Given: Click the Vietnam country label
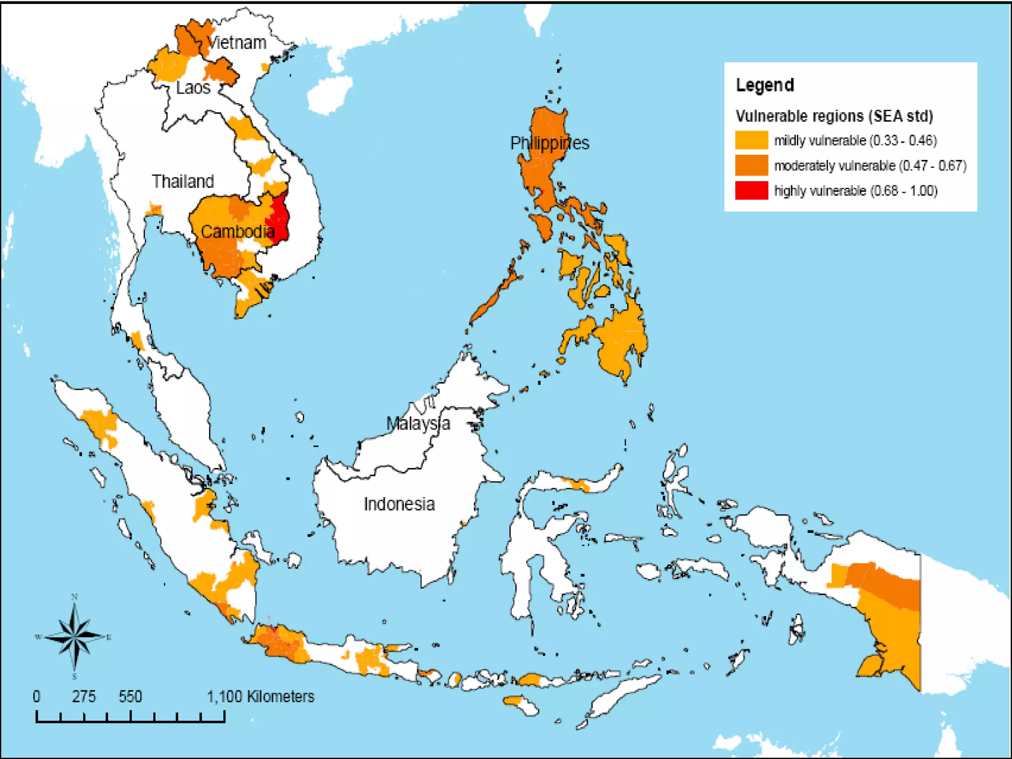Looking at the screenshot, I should [x=237, y=43].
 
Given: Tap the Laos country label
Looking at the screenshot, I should [x=193, y=88].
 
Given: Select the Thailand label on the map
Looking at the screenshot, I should [x=183, y=181].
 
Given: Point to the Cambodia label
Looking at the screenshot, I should [x=238, y=231].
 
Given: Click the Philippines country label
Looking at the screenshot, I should [x=549, y=143].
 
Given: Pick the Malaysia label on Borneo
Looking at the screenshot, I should [x=418, y=423].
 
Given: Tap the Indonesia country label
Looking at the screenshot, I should [x=399, y=504].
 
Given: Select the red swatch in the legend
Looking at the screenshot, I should [x=751, y=191].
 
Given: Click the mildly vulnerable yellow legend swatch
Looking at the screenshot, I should [x=751, y=140].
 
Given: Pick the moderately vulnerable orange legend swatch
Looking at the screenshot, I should [x=751, y=165].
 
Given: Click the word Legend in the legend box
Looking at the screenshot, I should [x=765, y=85].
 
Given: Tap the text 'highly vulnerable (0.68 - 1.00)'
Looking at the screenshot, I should [x=855, y=191].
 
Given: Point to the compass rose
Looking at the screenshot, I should [x=75, y=637].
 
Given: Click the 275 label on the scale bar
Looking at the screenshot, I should [x=84, y=697].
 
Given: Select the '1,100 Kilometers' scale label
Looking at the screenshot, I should [x=260, y=697].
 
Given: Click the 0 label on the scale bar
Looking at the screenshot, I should [x=37, y=697].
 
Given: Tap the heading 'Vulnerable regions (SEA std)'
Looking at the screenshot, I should [x=834, y=116].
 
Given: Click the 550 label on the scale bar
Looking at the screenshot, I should [x=130, y=697].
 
